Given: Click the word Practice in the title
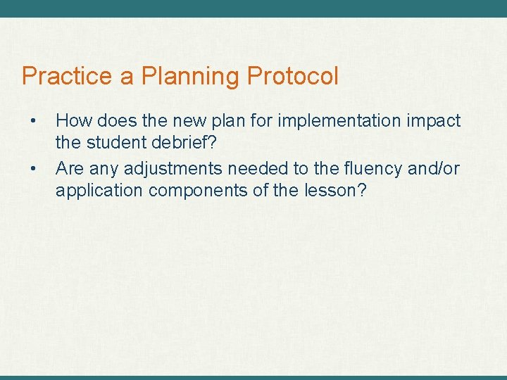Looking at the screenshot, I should [68, 76].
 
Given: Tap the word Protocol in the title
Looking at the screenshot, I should [292, 76].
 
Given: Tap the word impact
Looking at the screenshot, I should [434, 121].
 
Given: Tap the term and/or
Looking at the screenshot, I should [434, 169].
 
